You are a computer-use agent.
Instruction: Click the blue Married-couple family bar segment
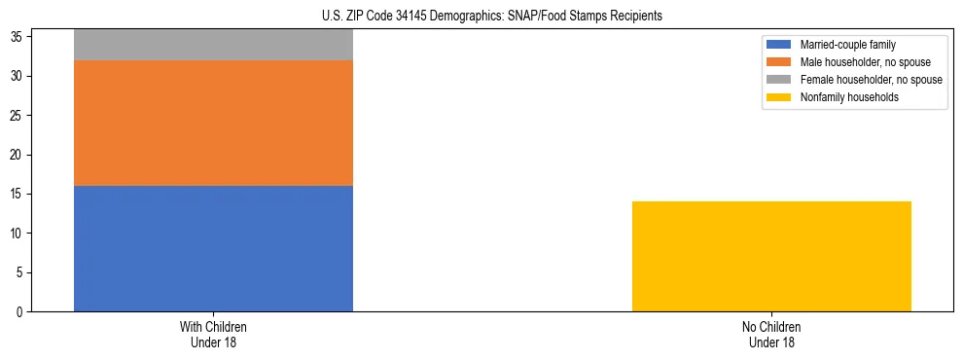coord(213,248)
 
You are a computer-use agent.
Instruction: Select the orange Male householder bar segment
coord(213,123)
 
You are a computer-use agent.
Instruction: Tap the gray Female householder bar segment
coord(213,45)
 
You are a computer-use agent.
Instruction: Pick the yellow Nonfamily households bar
coord(771,256)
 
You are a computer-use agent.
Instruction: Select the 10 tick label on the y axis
coord(18,234)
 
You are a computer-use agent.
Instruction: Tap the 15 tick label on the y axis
coord(18,195)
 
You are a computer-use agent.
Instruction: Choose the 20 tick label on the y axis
coord(18,155)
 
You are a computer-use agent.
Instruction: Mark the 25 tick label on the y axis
coord(18,116)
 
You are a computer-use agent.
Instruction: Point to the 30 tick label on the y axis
coord(18,77)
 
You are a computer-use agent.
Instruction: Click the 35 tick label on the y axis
coord(18,37)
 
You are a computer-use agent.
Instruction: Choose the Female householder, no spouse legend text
coord(871,80)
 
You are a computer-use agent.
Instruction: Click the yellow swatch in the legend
coord(780,97)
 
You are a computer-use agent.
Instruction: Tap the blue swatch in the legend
coord(780,45)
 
